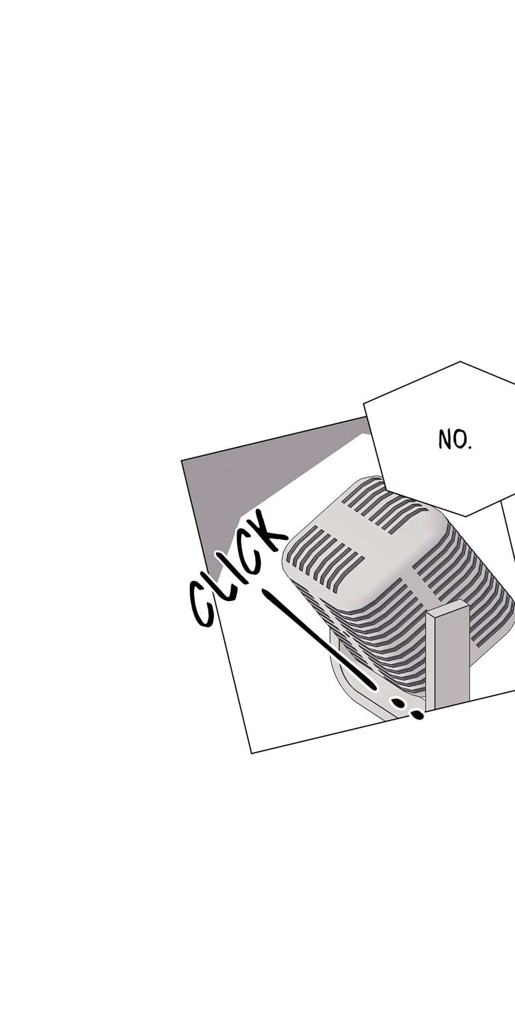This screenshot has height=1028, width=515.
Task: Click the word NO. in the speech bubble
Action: pyautogui.click(x=455, y=439)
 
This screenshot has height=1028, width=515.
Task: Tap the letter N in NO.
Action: pyautogui.click(x=444, y=439)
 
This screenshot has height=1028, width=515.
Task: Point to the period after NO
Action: pyautogui.click(x=470, y=446)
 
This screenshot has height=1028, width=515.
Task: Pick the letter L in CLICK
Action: pyautogui.click(x=222, y=583)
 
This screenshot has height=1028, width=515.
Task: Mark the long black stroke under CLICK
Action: pyautogui.click(x=318, y=638)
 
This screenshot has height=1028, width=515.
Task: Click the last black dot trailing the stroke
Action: pyautogui.click(x=417, y=714)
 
